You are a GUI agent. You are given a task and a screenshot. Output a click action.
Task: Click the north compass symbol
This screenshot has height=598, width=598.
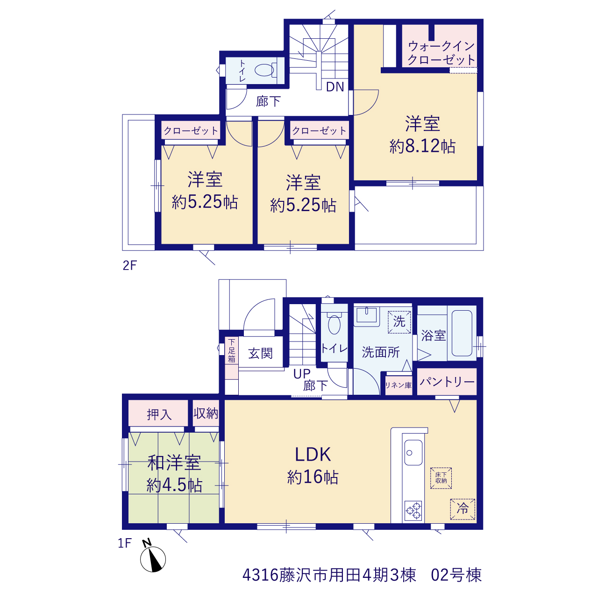point(153,559)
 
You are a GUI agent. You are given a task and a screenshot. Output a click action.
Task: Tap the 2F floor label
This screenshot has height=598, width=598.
point(130,266)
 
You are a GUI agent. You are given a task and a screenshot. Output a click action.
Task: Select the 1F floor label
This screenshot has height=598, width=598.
point(125,543)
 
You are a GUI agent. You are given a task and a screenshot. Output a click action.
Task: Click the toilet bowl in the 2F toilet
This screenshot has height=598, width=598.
point(266,70)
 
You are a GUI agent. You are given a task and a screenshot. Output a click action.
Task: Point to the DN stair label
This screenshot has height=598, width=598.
point(335,87)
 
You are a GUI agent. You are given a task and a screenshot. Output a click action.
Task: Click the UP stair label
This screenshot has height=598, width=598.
point(302,374)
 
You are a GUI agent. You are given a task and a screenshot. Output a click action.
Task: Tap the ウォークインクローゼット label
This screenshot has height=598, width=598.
point(441,53)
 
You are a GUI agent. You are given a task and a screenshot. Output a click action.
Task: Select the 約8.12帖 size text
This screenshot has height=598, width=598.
point(422,146)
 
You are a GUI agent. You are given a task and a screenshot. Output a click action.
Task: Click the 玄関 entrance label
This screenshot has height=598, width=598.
point(260,353)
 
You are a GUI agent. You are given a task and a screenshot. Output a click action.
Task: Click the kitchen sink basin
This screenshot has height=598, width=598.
point(413,453)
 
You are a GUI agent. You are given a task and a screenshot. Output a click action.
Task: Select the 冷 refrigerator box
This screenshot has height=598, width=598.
point(463,509)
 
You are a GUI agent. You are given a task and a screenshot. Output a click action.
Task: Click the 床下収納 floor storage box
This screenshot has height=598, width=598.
point(441,478)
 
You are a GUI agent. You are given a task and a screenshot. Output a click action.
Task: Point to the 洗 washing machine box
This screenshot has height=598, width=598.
point(399,322)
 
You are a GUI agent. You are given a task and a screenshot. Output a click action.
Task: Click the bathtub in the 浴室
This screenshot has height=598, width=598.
point(462,333)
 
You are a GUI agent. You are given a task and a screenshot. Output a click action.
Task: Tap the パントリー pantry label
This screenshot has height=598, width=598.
point(447,381)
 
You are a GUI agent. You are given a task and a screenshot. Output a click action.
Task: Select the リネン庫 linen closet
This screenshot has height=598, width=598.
point(399,385)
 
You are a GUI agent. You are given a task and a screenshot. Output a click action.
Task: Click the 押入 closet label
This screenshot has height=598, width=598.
point(159,414)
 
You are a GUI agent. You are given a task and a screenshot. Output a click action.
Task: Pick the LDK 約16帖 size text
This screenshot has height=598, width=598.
point(313,477)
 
